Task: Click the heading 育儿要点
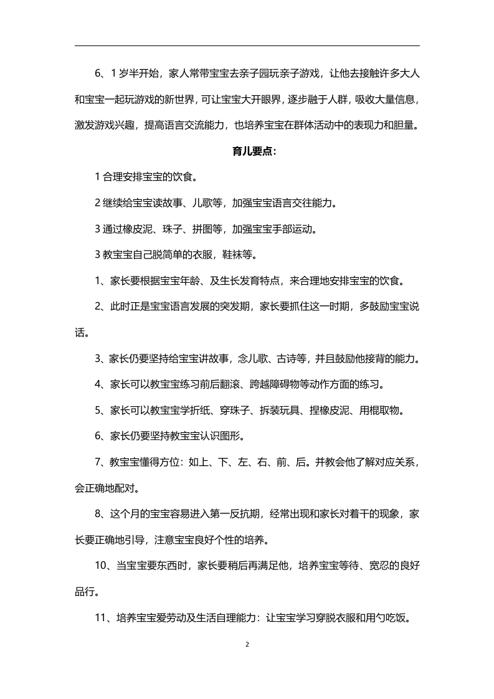(247, 151)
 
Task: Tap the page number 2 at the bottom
(247, 644)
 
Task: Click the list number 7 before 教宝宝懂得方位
(98, 462)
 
